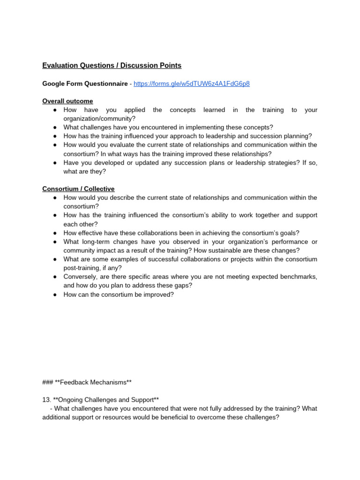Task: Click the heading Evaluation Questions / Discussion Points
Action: pos(112,66)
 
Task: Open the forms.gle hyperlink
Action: pos(191,83)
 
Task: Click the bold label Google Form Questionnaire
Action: pos(85,83)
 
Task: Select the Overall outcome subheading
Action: pos(67,101)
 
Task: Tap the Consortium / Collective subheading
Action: pos(78,189)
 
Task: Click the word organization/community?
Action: pos(99,119)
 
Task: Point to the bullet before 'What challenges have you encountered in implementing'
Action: pos(55,127)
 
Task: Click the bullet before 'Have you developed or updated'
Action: pos(55,163)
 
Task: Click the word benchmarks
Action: pos(299,277)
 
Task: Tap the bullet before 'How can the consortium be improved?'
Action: pos(55,295)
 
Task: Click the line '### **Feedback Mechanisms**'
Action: pos(84,382)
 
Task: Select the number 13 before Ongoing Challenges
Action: pos(46,400)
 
